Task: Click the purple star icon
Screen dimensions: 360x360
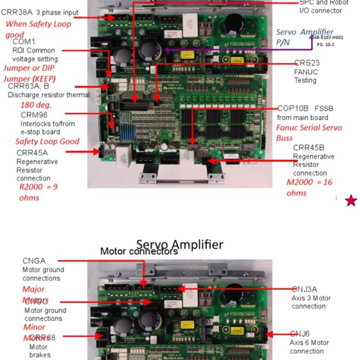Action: point(351,201)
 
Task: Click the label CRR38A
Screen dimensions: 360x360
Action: point(19,12)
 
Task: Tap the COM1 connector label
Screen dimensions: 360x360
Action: point(23,41)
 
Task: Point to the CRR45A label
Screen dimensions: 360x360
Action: point(32,153)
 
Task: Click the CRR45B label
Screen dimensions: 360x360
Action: point(309,147)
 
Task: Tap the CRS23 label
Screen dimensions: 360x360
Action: point(307,63)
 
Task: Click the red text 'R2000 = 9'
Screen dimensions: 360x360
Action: point(39,186)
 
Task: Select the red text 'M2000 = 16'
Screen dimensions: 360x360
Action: point(309,182)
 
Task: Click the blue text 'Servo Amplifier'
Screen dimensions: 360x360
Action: point(305,32)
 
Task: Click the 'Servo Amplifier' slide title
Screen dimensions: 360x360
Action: point(179,244)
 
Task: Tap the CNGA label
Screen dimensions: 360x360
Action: point(34,261)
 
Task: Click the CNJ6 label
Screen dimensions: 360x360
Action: point(299,334)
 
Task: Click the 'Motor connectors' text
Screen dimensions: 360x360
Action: point(139,251)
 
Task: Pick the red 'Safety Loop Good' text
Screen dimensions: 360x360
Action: point(47,141)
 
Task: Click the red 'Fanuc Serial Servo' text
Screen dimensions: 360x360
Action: point(309,128)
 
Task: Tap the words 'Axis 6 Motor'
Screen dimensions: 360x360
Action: point(309,343)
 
